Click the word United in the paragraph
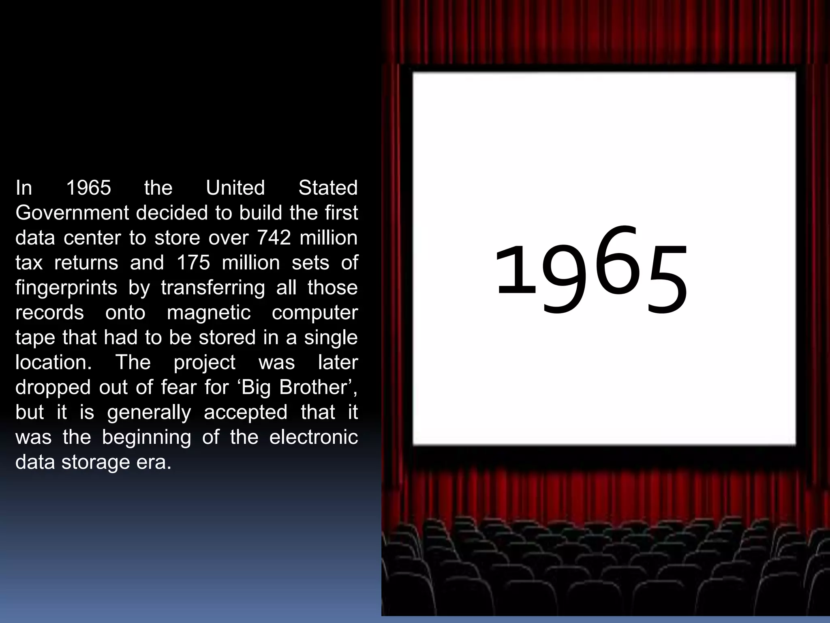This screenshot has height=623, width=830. tap(235, 188)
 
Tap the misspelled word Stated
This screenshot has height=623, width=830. tap(328, 188)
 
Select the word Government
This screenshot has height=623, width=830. tap(72, 213)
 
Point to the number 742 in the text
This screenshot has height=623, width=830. tap(274, 238)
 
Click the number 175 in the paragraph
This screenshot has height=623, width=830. tap(193, 263)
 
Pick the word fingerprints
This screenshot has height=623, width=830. tap(66, 288)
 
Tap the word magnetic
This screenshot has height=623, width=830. tap(209, 313)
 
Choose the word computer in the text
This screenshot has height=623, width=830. tap(314, 313)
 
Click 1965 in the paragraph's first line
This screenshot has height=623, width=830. tap(88, 188)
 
